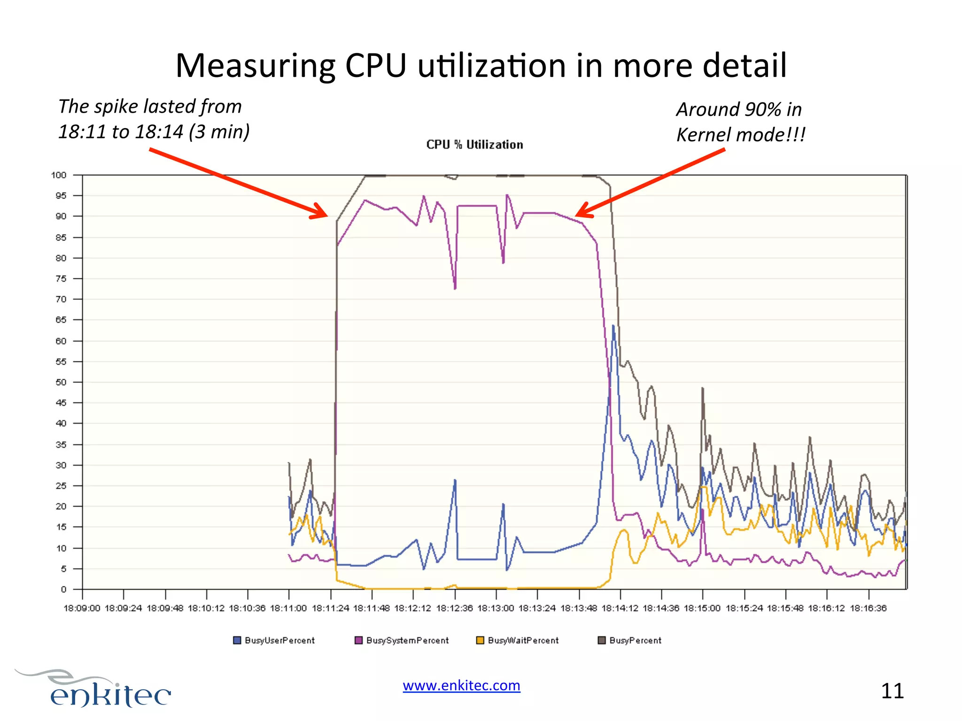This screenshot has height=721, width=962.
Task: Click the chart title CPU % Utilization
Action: (474, 145)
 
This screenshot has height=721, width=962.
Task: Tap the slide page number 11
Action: (892, 691)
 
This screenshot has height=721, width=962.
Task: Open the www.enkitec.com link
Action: (461, 685)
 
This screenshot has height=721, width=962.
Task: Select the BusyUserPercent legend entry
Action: (274, 640)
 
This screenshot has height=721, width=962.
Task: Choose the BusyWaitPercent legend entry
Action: (518, 640)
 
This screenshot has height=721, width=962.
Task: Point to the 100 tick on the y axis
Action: (59, 175)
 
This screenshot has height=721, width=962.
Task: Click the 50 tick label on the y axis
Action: (61, 382)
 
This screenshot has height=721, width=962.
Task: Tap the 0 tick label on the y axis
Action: (64, 590)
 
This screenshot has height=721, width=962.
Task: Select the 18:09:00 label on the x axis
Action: (82, 608)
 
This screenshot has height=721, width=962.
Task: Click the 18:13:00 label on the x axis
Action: (496, 608)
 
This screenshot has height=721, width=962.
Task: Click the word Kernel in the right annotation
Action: (704, 135)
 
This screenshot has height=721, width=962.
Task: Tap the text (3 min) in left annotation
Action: (219, 132)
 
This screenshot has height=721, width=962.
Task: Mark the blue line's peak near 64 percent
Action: (613, 326)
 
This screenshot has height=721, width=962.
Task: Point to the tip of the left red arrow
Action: (326, 215)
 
